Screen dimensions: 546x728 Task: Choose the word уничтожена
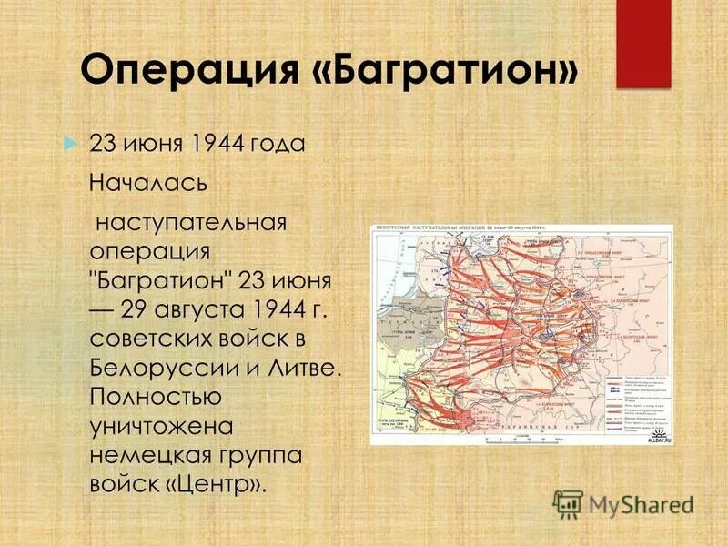[162, 426]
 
